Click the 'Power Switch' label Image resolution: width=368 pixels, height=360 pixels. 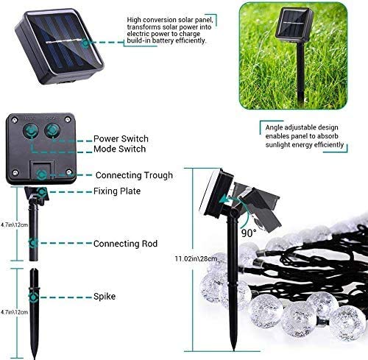coord(121,138)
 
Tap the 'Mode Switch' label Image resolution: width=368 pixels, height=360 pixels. coord(118,149)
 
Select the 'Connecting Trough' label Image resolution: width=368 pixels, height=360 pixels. coord(134,175)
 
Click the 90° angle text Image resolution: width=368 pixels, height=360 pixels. coord(248,233)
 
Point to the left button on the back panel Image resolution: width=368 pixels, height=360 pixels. coord(32,130)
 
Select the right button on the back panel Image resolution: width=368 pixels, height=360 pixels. coord(52,130)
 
